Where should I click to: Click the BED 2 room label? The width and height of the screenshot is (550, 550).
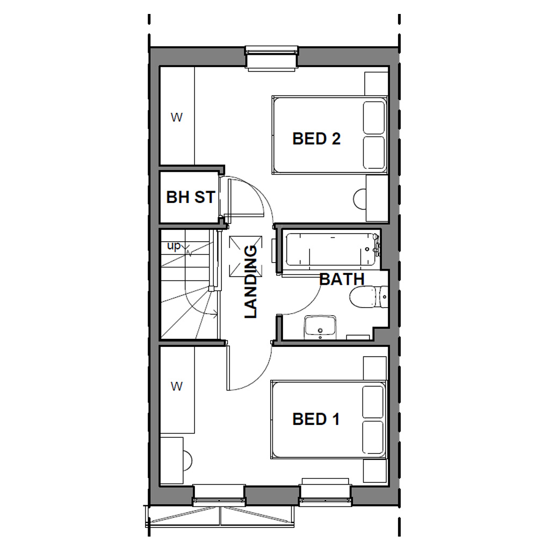[x=316, y=139]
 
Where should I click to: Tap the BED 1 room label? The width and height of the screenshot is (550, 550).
[x=316, y=419]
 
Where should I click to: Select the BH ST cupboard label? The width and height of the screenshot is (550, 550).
[x=190, y=197]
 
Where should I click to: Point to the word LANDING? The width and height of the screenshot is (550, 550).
[x=251, y=281]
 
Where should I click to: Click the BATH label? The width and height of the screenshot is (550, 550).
[x=342, y=279]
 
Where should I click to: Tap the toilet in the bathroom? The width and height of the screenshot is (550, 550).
[x=367, y=296]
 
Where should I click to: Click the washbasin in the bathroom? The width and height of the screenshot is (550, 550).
[x=320, y=327]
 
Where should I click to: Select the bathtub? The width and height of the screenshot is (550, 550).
[x=330, y=250]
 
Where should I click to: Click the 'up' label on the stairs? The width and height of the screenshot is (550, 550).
[x=173, y=246]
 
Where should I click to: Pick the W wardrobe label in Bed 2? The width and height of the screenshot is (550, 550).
[x=176, y=117]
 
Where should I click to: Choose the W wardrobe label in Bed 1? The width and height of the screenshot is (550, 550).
[x=176, y=386]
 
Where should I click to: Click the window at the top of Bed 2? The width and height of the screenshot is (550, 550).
[x=271, y=58]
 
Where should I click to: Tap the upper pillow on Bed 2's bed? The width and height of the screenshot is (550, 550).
[x=374, y=118]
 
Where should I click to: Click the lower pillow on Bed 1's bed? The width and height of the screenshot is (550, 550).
[x=374, y=438]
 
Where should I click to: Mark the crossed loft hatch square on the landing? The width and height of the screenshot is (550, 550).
[x=245, y=256]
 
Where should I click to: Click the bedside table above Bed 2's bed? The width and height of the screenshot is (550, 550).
[x=376, y=83]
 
